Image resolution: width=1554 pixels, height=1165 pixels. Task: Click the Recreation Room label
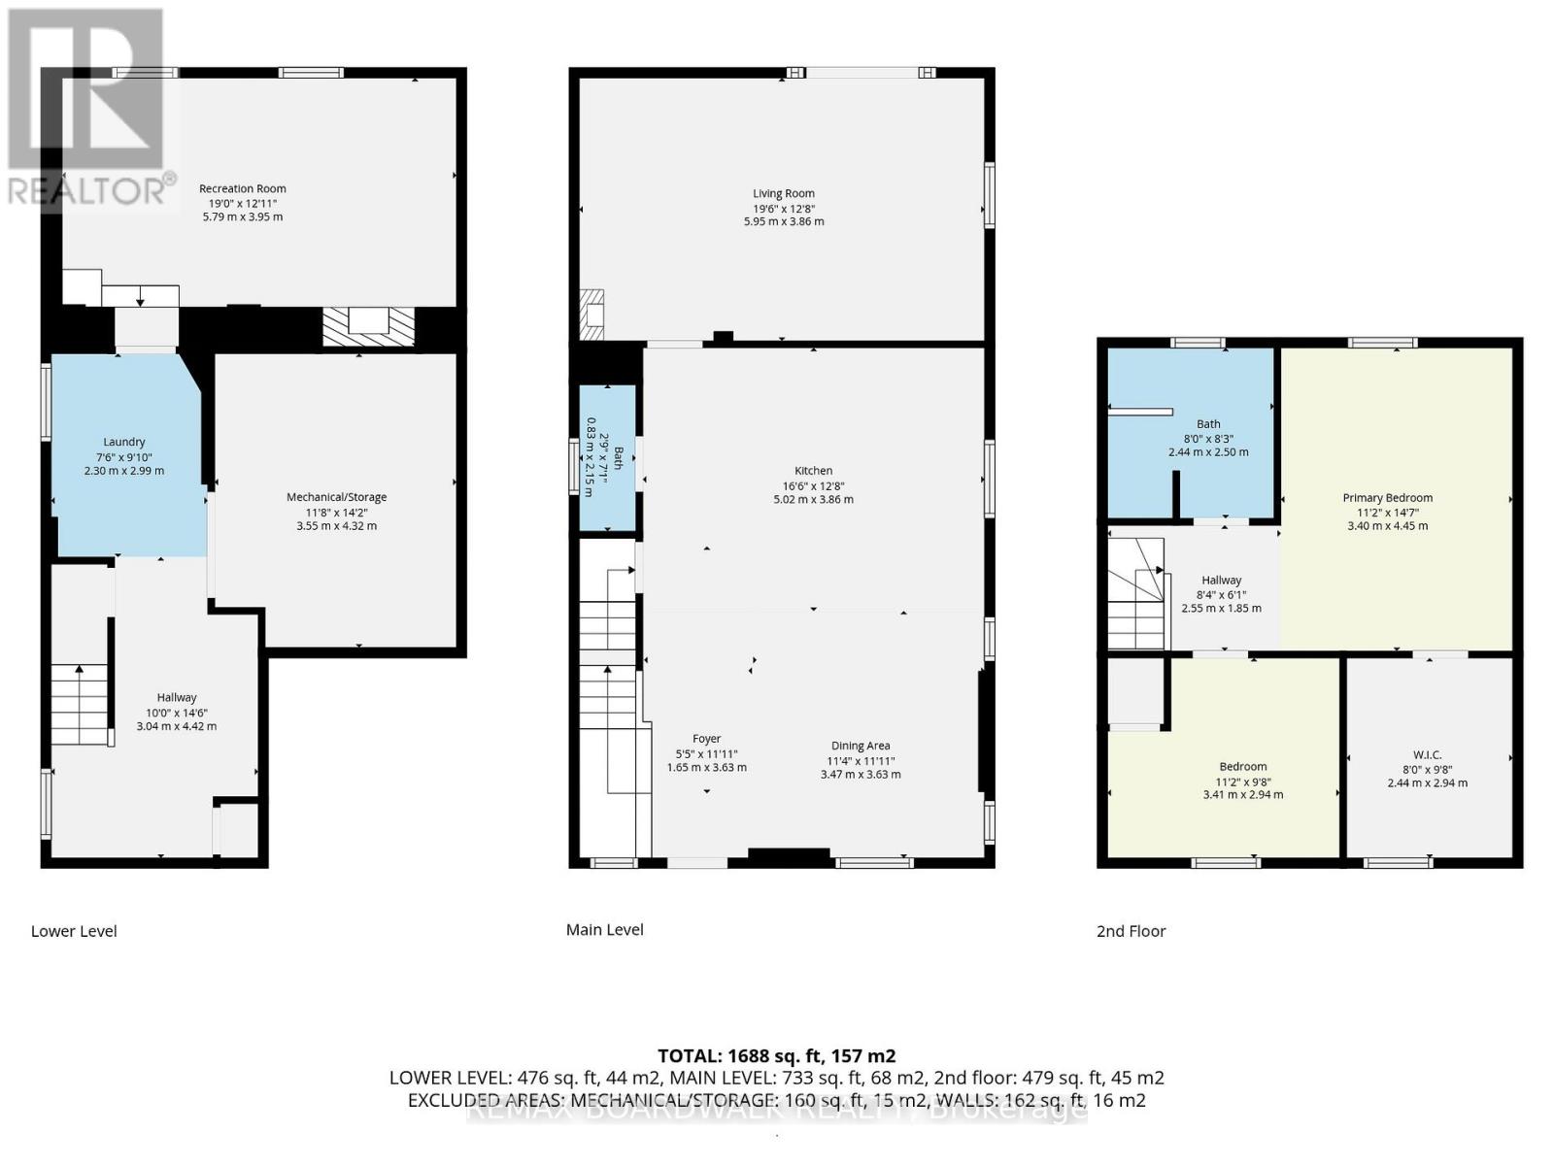[x=242, y=188]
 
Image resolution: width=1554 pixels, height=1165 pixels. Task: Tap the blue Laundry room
[x=124, y=456]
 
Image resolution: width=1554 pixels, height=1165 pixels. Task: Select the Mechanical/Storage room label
[x=336, y=497]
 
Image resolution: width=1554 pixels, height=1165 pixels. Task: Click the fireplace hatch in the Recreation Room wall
[x=368, y=326]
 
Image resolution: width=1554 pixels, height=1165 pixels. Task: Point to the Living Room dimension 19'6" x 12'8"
[x=784, y=208]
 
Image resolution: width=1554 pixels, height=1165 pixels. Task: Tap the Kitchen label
[x=813, y=471]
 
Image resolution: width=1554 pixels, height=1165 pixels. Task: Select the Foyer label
[x=706, y=739]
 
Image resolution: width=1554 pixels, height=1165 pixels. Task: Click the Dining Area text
[x=859, y=746]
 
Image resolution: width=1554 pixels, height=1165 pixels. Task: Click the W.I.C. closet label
[x=1427, y=754]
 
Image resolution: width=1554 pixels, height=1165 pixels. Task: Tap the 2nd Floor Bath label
[x=1208, y=424]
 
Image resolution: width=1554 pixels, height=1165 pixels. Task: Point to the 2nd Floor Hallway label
[x=1221, y=580]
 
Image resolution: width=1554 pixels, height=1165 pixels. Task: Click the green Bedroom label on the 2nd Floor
[x=1242, y=766]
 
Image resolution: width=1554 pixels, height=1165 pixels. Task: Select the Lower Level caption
[x=74, y=931]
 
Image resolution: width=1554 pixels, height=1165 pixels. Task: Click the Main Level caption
[x=604, y=929]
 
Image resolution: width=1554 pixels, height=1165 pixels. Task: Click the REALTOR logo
[x=87, y=107]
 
